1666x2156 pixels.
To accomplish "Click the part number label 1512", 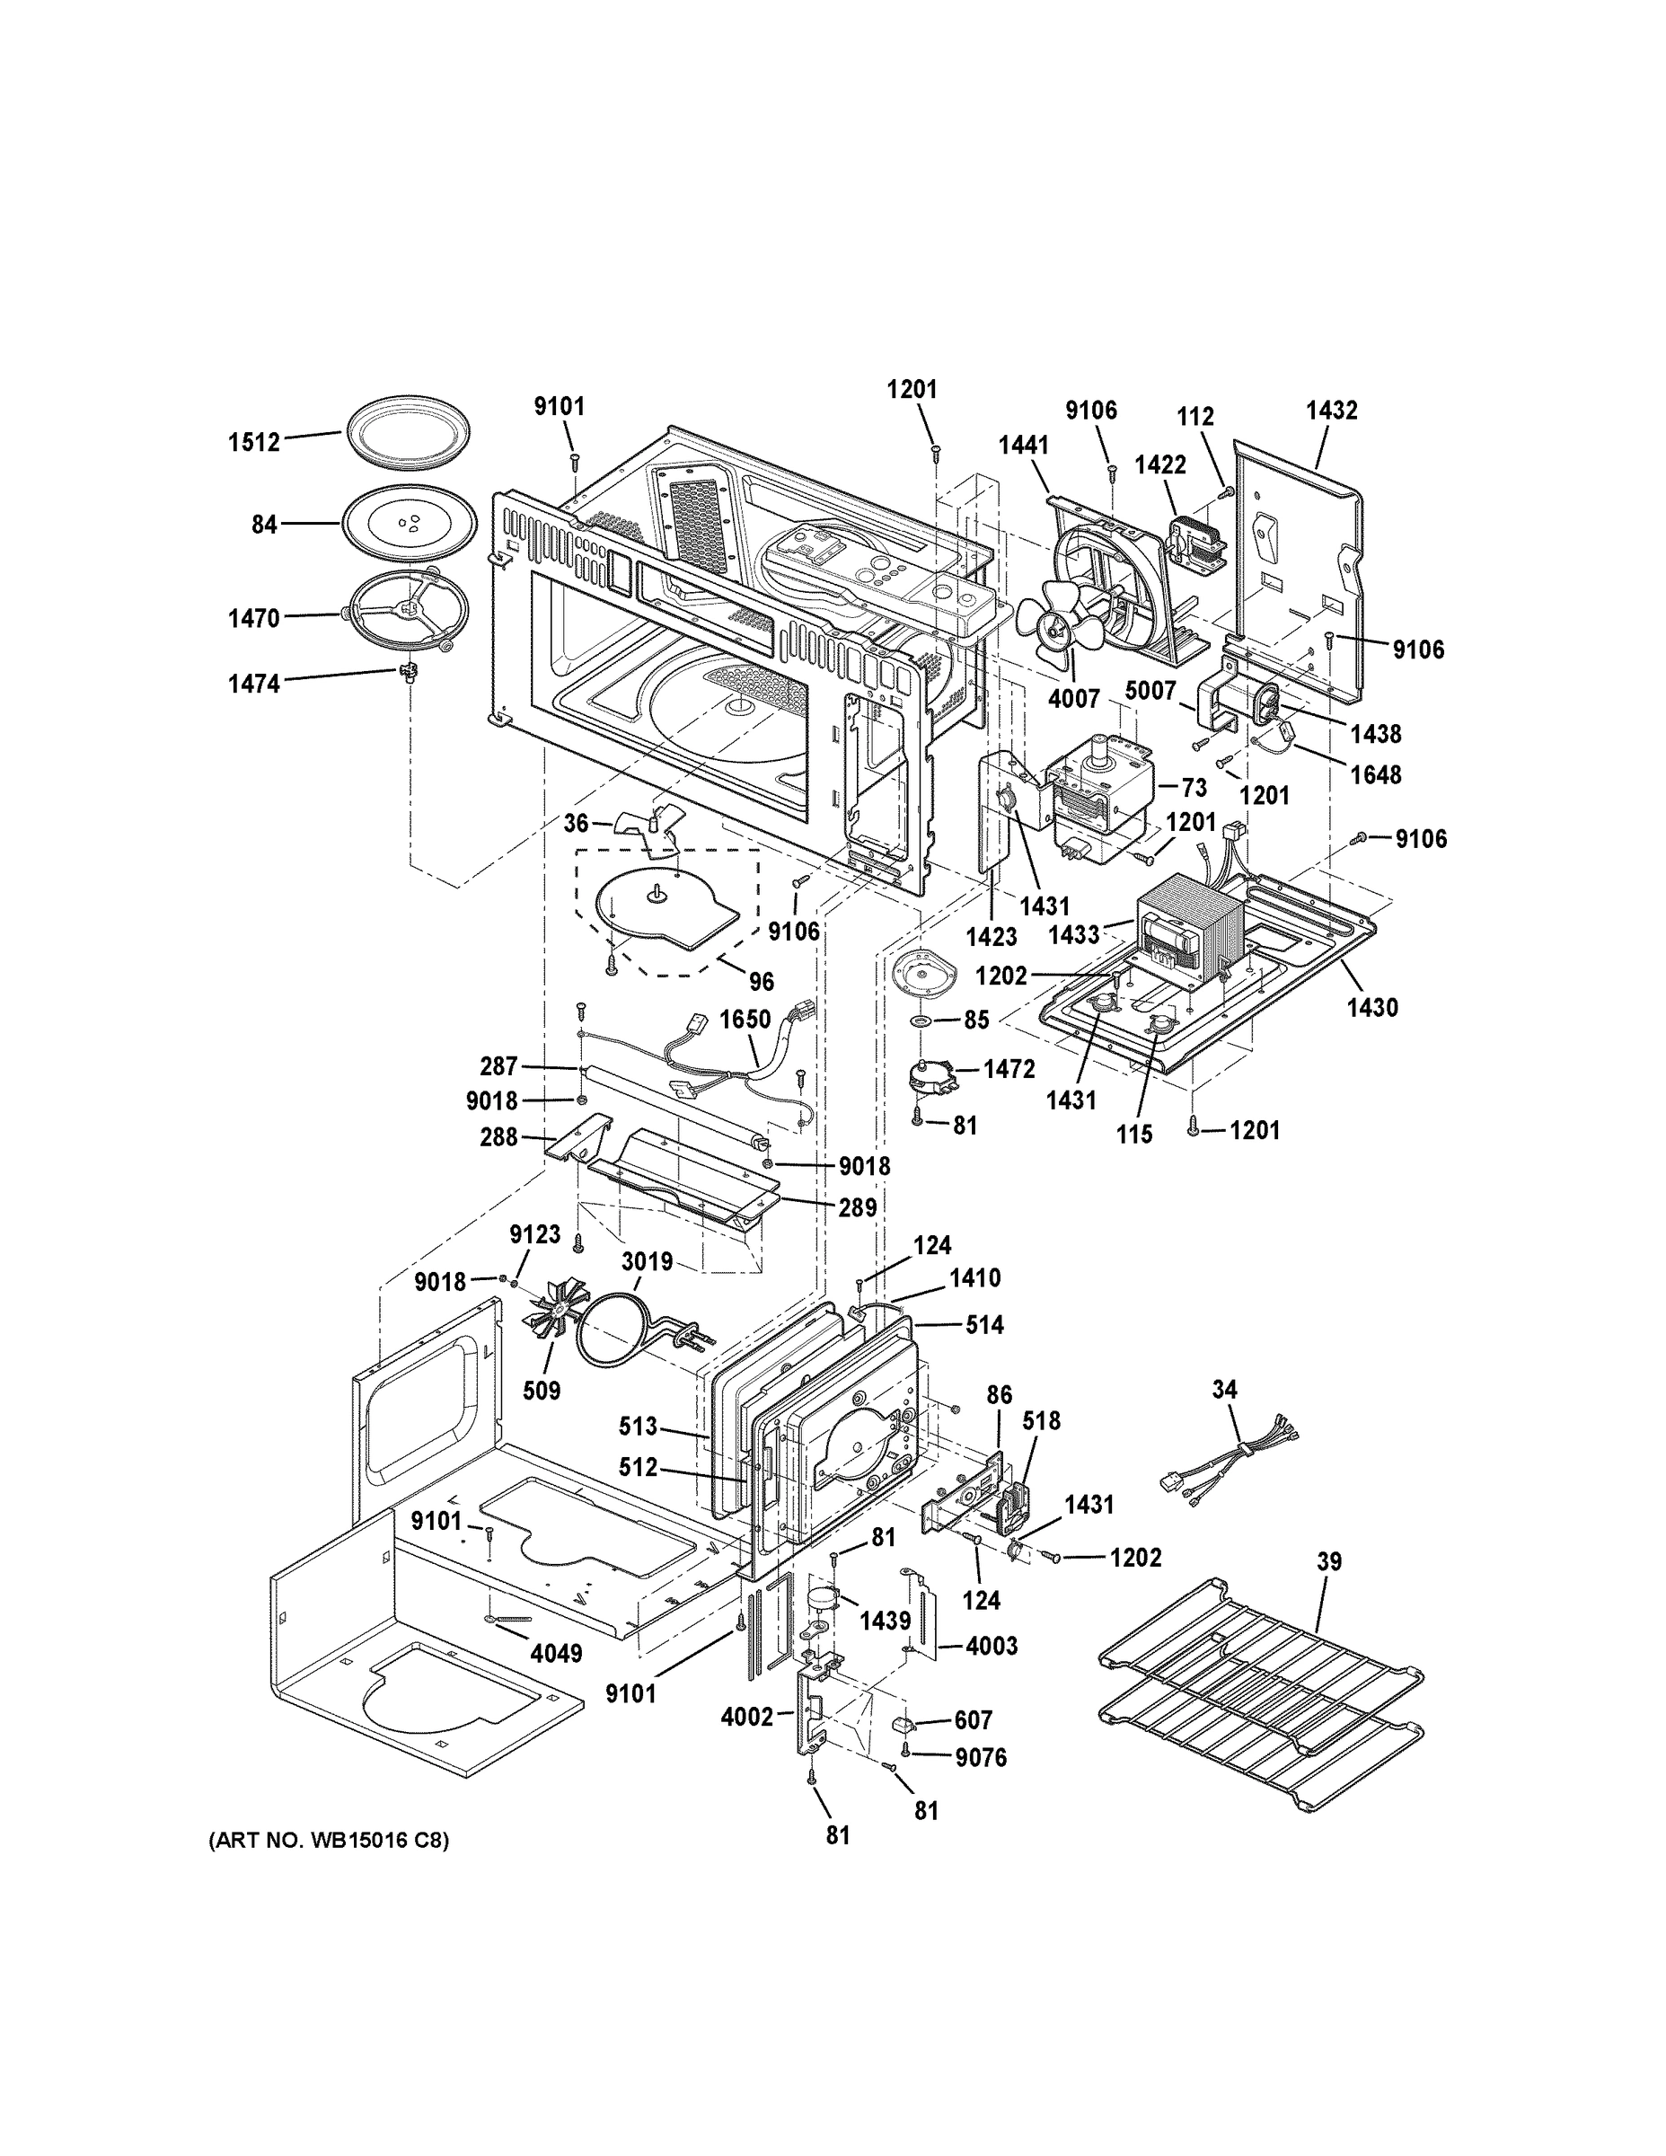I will pos(255,442).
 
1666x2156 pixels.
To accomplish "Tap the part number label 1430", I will pos(1372,1007).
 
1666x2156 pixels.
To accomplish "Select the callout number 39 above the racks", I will pos(1329,1561).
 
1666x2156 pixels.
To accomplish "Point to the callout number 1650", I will pos(745,1019).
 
